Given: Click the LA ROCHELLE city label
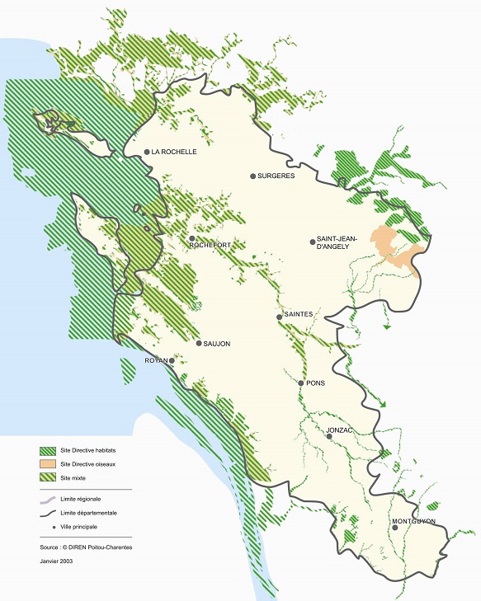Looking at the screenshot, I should point(174,152).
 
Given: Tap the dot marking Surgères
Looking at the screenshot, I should point(253,176).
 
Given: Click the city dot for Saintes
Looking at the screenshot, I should point(280,317).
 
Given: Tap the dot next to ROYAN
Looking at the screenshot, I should point(172,361).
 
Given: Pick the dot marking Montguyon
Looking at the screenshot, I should point(395,528).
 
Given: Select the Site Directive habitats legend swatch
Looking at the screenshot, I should point(49,451).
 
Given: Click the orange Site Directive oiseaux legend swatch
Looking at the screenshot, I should point(49,464).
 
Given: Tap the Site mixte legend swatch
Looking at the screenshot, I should point(49,477).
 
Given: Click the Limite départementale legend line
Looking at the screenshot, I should point(49,513).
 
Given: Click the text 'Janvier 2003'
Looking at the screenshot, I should point(58,560).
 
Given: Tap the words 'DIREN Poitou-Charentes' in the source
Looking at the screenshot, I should point(105,546).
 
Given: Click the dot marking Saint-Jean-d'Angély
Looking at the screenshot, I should point(313,242).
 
